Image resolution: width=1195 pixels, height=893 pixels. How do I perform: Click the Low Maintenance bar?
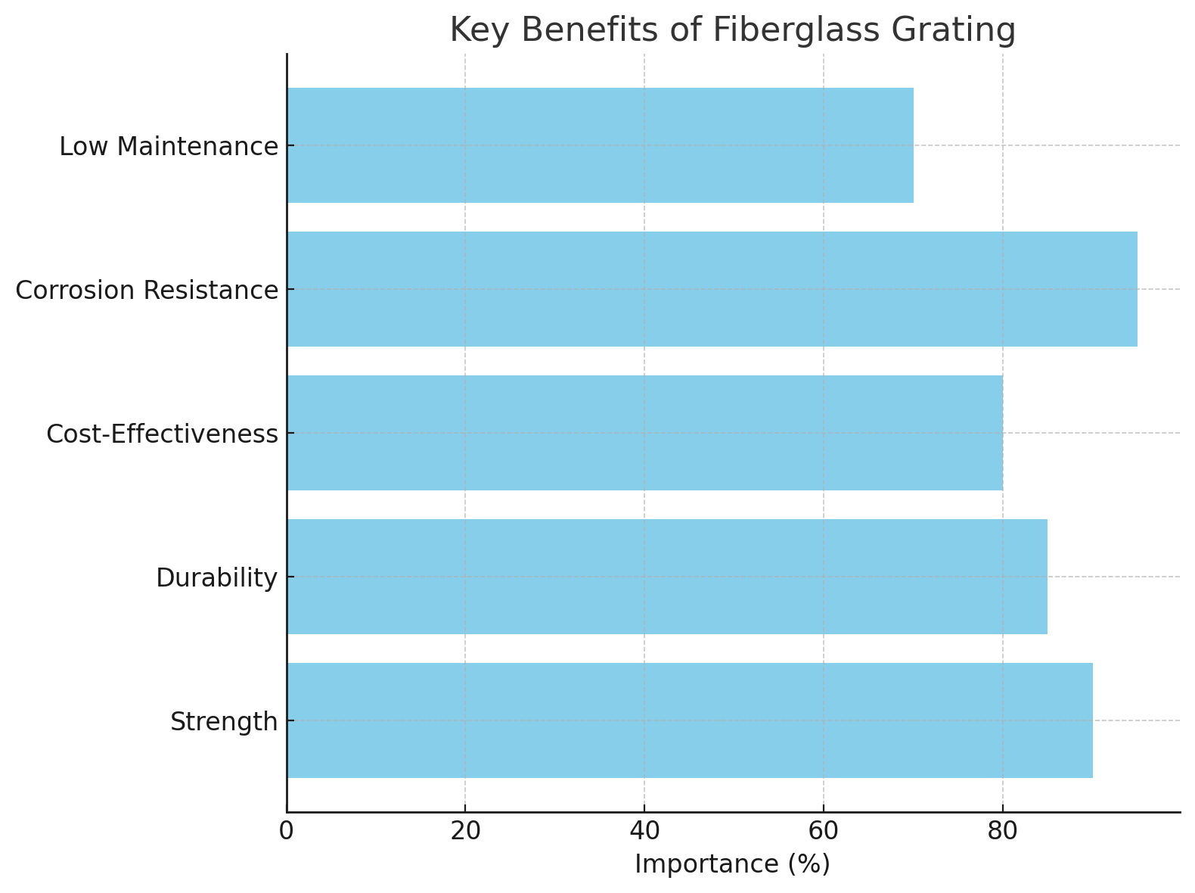click(600, 145)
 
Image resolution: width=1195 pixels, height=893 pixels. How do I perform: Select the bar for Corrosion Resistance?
click(712, 289)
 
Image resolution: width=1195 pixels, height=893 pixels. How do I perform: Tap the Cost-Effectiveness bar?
click(644, 433)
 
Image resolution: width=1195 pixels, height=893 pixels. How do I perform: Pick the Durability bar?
click(667, 577)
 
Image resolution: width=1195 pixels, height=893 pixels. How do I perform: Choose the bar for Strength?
click(689, 720)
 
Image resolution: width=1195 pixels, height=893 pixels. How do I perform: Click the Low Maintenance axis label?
click(169, 147)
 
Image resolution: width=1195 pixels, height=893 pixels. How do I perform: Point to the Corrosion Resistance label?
click(147, 291)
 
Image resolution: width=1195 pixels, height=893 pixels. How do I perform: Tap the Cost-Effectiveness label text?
click(162, 434)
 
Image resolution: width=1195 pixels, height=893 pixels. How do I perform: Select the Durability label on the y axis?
click(217, 578)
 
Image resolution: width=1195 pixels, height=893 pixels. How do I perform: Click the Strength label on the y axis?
click(224, 722)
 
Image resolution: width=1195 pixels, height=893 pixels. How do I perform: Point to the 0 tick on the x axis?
click(286, 831)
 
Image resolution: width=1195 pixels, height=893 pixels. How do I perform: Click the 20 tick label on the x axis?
click(465, 831)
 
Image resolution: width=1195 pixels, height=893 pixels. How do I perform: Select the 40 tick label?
click(644, 831)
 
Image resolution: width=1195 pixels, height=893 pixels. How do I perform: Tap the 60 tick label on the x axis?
click(823, 831)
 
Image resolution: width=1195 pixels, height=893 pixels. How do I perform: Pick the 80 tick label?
click(1002, 831)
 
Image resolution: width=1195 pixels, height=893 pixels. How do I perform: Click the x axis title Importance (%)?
click(732, 864)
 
